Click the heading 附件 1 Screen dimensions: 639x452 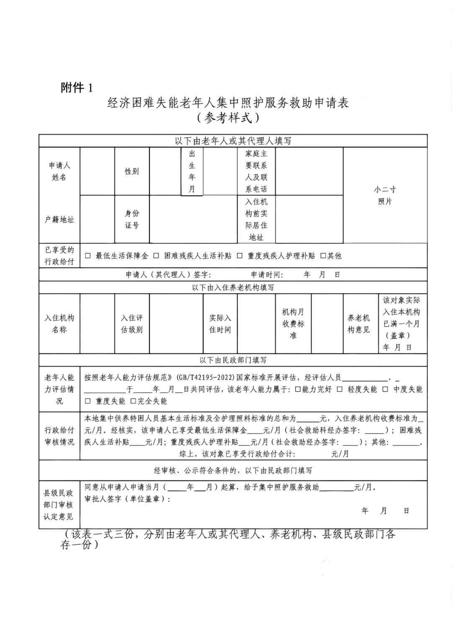77,87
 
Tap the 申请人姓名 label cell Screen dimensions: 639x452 59,172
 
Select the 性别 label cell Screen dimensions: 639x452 132,172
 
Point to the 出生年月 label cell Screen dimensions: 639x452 192,172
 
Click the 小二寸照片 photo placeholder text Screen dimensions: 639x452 385,195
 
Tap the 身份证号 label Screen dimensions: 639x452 132,219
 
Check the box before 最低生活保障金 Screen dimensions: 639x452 88,256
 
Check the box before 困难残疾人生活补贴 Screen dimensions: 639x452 156,256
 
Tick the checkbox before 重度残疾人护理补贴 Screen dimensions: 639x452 239,256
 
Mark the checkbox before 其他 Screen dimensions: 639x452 323,256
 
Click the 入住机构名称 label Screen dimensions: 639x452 59,324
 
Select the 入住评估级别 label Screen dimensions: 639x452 132,324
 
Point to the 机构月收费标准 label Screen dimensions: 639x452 293,324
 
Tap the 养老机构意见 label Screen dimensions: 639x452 359,324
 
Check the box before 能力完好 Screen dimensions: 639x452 298,389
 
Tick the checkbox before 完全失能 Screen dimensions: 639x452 133,401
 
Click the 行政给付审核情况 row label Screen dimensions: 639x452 59,436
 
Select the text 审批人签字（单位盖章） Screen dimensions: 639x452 127,499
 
